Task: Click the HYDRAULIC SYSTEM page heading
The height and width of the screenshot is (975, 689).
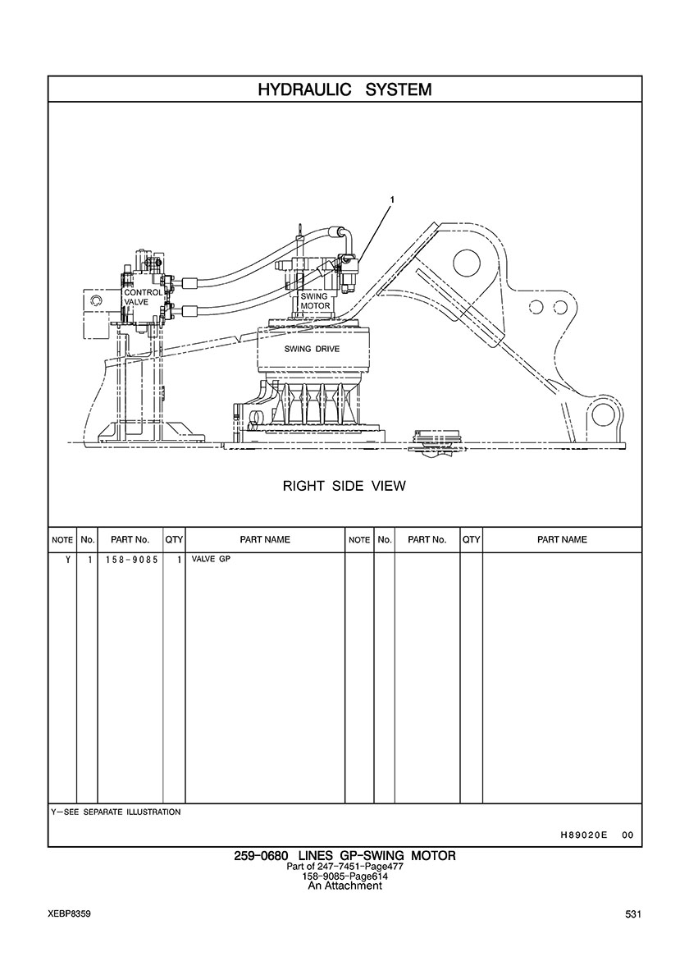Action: click(x=344, y=89)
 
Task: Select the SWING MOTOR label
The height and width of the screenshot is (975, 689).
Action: click(x=314, y=301)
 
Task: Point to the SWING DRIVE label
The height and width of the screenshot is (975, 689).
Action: click(x=312, y=349)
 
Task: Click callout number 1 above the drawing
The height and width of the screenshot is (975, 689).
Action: click(x=392, y=199)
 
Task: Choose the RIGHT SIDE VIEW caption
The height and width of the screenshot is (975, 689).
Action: click(x=344, y=486)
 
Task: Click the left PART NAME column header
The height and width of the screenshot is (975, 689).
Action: click(x=265, y=540)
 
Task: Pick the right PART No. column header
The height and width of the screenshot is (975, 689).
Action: click(x=427, y=540)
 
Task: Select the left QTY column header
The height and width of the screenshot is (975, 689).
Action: click(x=174, y=540)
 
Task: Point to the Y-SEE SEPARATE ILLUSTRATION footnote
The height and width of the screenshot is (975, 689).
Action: click(x=116, y=812)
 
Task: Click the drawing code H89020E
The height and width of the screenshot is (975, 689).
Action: click(x=583, y=835)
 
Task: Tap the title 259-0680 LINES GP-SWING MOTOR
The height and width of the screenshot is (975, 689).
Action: click(x=344, y=856)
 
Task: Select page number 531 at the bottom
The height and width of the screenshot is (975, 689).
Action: click(x=632, y=914)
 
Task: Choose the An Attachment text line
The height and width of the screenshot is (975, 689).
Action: click(x=344, y=886)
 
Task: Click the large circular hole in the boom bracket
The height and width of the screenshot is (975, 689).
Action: click(x=464, y=263)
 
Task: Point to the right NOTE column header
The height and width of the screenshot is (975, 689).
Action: click(x=359, y=540)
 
